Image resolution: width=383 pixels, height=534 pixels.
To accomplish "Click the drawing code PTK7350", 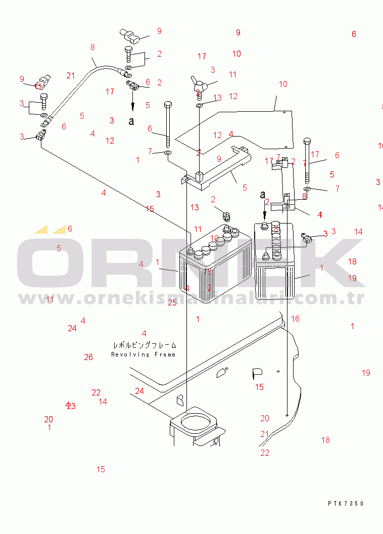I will [345, 504].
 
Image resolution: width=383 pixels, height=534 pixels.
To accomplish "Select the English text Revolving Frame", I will [143, 354].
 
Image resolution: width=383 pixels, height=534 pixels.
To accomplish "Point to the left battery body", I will [215, 271].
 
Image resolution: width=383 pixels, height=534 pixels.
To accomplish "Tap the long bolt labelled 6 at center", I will [168, 126].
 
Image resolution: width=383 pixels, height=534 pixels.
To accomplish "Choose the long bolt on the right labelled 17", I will [308, 162].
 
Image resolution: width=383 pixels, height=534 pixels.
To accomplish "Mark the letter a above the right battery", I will [263, 194].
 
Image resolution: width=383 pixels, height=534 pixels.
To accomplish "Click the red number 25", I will [172, 302].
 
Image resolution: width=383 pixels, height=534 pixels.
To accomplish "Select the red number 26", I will [88, 357].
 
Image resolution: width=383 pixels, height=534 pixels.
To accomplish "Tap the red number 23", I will [71, 406].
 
